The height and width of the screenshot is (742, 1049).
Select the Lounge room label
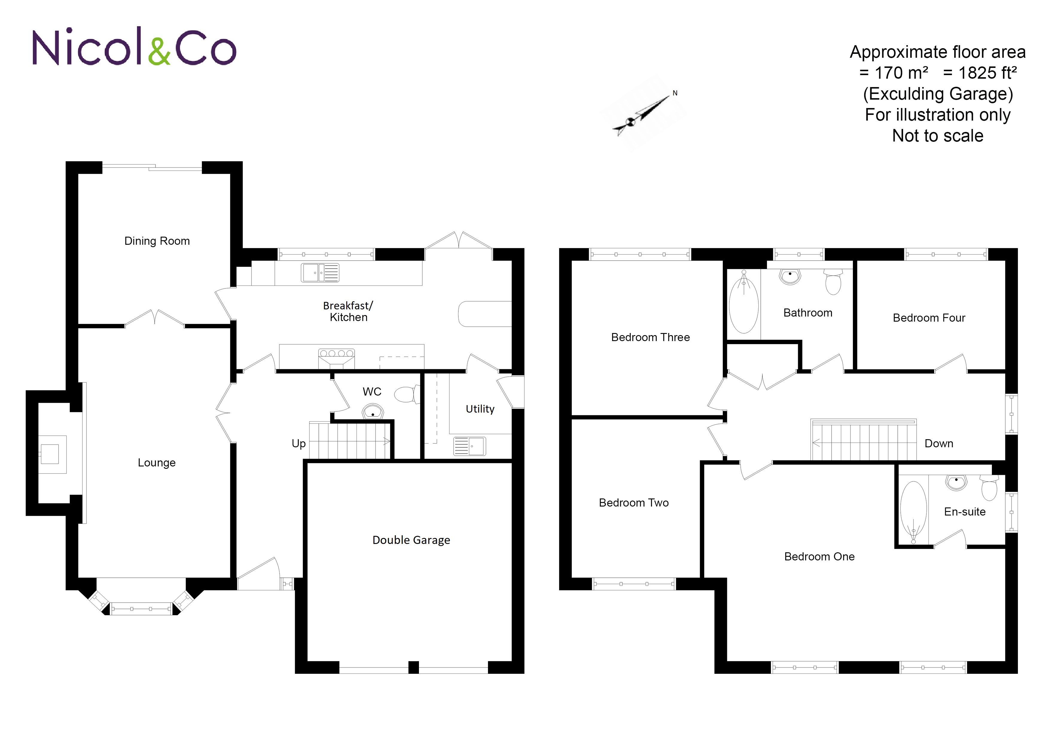(x=157, y=463)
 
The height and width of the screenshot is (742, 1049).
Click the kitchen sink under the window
(x=320, y=273)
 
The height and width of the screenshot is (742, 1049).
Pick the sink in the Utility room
(x=470, y=446)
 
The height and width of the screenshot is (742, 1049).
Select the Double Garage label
(x=411, y=540)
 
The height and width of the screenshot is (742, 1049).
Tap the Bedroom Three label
(x=651, y=337)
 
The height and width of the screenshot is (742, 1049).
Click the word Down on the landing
(x=939, y=443)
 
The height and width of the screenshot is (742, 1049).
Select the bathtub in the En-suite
(x=913, y=512)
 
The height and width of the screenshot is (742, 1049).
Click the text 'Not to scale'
(x=937, y=136)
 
